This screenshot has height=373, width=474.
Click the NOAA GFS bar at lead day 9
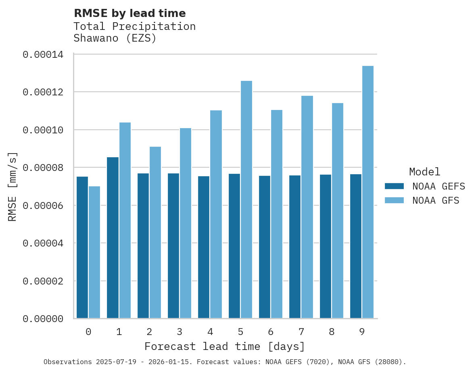368,192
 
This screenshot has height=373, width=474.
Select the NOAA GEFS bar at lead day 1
113,238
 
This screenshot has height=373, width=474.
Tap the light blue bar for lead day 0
94,252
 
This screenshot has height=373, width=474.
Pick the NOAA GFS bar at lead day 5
246,200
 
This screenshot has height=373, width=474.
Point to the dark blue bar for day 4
204,247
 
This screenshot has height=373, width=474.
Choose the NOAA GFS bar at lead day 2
155,232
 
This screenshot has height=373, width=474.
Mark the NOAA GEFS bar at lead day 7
295,247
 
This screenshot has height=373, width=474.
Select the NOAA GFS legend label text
436,200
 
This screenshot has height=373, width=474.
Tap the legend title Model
424,172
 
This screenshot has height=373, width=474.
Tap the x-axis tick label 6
271,332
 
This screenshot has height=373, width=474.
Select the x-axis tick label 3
180,332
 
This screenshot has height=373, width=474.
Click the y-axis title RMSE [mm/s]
13,187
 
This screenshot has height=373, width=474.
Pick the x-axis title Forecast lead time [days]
225,347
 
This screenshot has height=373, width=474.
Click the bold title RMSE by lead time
129,13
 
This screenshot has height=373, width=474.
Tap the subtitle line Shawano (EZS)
115,38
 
